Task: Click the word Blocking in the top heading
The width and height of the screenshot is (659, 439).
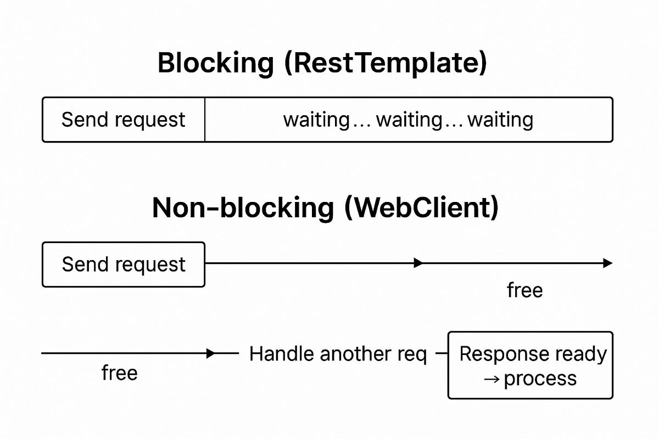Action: pos(215,63)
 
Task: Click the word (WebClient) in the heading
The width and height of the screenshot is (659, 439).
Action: pos(422,208)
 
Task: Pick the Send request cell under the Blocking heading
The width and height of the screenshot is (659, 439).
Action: pos(124,120)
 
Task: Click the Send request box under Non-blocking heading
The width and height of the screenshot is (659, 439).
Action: pos(124,264)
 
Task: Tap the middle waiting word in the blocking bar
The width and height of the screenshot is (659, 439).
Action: pos(409,120)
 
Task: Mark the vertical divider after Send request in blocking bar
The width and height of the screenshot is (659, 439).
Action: pos(205,120)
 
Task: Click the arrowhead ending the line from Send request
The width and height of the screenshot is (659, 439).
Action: pos(607,263)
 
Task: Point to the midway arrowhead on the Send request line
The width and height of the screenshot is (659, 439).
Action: pos(418,263)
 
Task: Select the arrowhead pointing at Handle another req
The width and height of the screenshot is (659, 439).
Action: pos(211,354)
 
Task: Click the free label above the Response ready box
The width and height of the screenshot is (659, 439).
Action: pos(524,290)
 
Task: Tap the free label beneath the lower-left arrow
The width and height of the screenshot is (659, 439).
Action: pos(119,373)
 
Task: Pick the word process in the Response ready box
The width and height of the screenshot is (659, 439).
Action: pos(540,379)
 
